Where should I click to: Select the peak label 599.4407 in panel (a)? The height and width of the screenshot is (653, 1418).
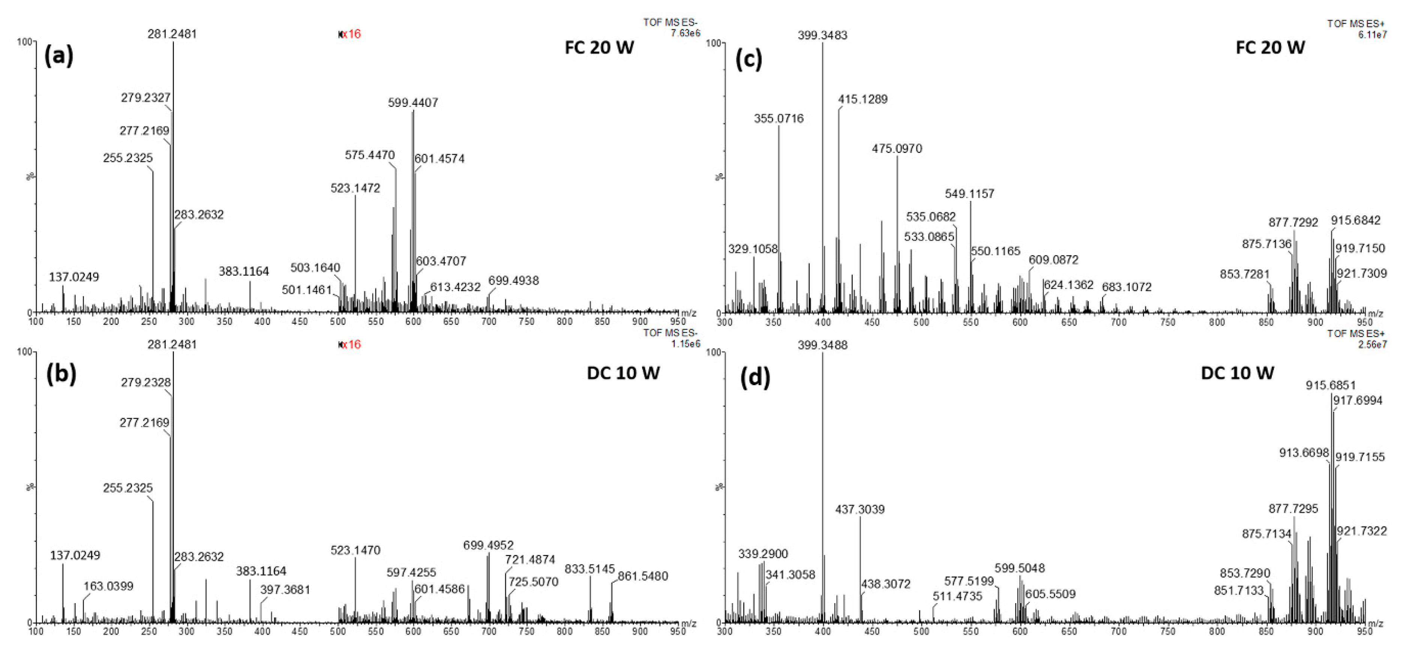tap(413, 102)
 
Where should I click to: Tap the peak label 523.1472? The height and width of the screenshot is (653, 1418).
tap(355, 188)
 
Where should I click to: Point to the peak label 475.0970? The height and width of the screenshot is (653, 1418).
tap(897, 148)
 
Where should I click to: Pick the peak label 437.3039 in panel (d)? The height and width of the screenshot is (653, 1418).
tap(860, 509)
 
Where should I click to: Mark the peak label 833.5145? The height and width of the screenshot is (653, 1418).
tap(590, 569)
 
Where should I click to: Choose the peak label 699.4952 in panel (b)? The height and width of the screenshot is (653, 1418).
tap(488, 545)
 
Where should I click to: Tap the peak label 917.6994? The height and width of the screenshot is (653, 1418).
tap(1357, 400)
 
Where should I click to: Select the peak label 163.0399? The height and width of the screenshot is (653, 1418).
tap(108, 586)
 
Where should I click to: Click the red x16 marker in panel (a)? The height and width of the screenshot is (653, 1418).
tap(350, 34)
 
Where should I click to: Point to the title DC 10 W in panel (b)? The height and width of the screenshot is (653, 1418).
tap(623, 373)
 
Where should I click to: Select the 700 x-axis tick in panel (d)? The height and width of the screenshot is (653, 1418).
tap(1118, 632)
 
